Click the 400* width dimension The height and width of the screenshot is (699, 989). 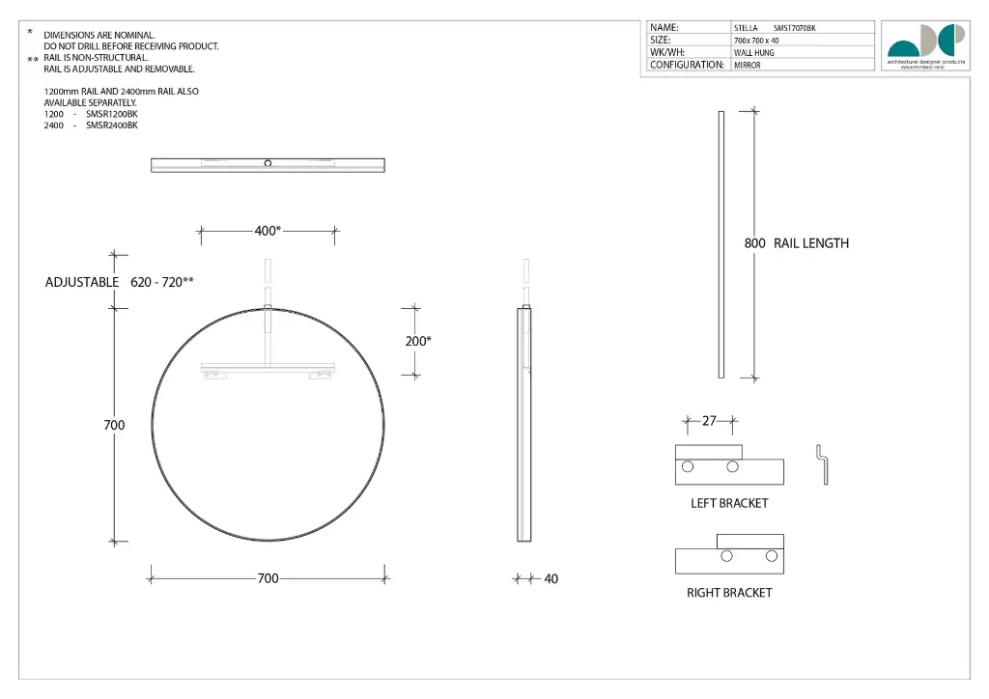268,231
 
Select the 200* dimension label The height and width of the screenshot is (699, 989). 418,341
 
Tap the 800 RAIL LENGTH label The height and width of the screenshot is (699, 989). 796,243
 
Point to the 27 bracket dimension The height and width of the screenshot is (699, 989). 709,421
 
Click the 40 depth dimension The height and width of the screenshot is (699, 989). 551,579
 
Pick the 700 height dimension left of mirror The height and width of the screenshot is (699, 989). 114,425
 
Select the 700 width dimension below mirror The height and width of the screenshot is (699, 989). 268,578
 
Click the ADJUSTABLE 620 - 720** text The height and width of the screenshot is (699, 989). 120,282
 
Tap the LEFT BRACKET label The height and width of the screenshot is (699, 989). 729,503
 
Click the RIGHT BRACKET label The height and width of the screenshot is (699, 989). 729,593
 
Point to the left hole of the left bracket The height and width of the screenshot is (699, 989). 687,467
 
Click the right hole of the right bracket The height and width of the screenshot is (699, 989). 771,555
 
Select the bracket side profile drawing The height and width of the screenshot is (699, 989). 822,464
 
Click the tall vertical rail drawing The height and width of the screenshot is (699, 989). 721,244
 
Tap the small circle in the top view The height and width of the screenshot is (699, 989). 268,163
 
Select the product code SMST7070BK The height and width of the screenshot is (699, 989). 794,28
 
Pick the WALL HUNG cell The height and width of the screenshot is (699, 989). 754,53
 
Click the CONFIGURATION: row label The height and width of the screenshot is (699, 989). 687,65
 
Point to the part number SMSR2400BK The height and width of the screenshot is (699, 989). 112,126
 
